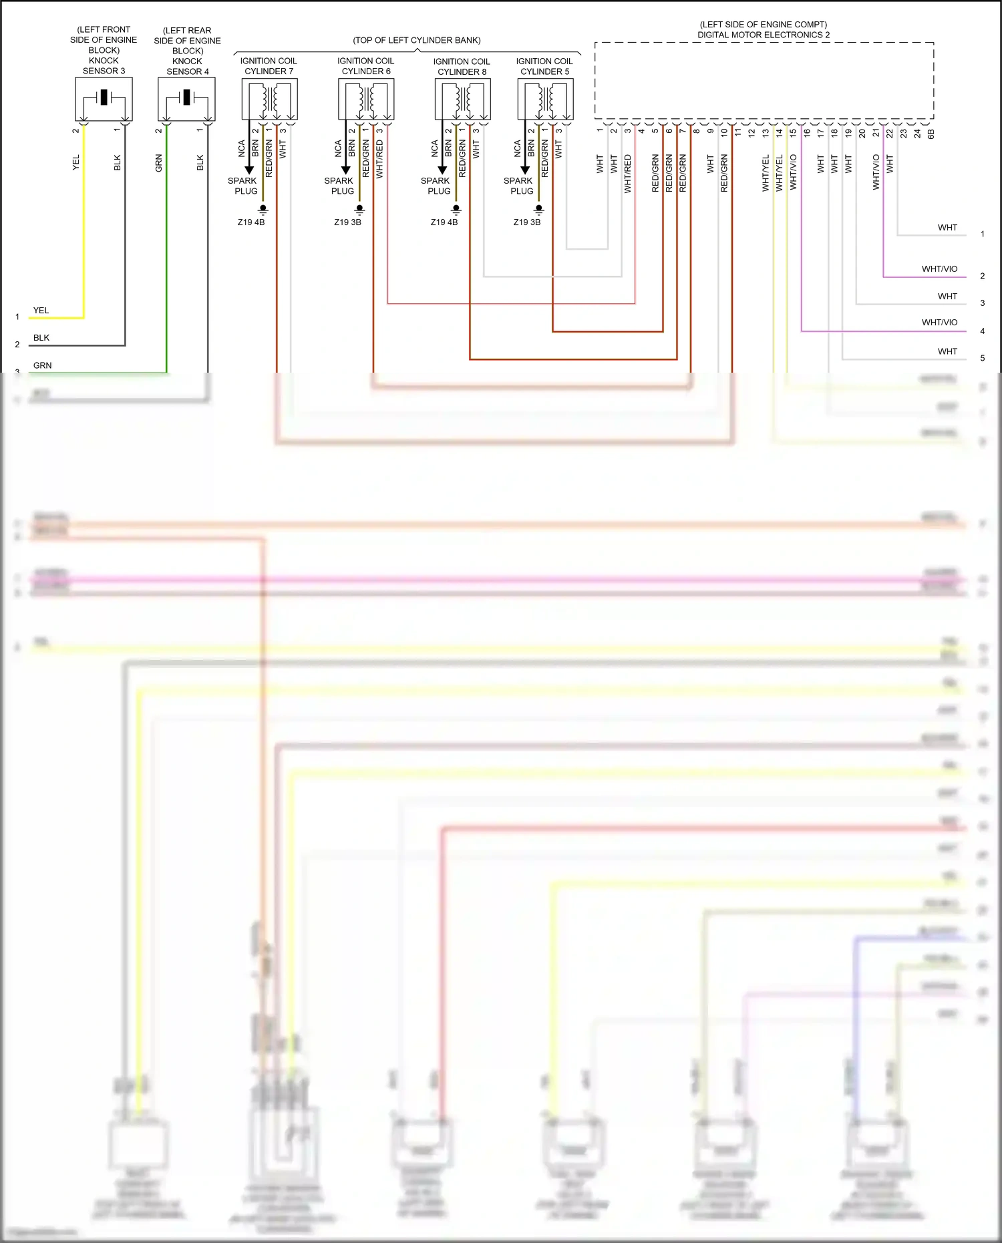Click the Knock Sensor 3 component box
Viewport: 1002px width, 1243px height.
pyautogui.click(x=104, y=99)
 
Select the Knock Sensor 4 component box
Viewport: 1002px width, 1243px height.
pyautogui.click(x=186, y=99)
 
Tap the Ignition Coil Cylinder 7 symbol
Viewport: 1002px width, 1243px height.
pyautogui.click(x=269, y=100)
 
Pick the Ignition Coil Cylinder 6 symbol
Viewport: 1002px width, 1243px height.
pyautogui.click(x=366, y=100)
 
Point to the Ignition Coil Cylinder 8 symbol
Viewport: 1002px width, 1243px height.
pyautogui.click(x=462, y=100)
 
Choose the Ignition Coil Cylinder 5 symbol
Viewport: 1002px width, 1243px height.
pyautogui.click(x=545, y=100)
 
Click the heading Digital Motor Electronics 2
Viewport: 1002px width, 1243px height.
pyautogui.click(x=764, y=35)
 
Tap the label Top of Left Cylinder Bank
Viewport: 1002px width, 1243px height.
pyautogui.click(x=417, y=40)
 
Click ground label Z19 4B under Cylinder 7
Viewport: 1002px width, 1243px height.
pyautogui.click(x=251, y=222)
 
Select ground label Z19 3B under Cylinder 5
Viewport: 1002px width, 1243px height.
pyautogui.click(x=527, y=222)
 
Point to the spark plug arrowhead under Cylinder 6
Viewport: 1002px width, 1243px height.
pyautogui.click(x=346, y=170)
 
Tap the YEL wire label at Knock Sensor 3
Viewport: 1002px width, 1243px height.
pyautogui.click(x=76, y=162)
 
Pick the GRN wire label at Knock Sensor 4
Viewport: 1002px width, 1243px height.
pyautogui.click(x=159, y=163)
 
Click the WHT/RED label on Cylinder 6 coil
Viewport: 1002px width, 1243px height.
pyautogui.click(x=379, y=159)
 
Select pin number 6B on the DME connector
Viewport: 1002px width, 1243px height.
pyautogui.click(x=931, y=134)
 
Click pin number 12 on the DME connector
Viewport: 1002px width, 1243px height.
pyautogui.click(x=751, y=132)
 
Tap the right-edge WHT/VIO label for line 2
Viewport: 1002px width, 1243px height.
pyautogui.click(x=939, y=269)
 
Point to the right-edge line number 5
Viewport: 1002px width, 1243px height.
pyautogui.click(x=982, y=358)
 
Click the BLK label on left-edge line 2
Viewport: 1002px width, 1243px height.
pyautogui.click(x=41, y=338)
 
